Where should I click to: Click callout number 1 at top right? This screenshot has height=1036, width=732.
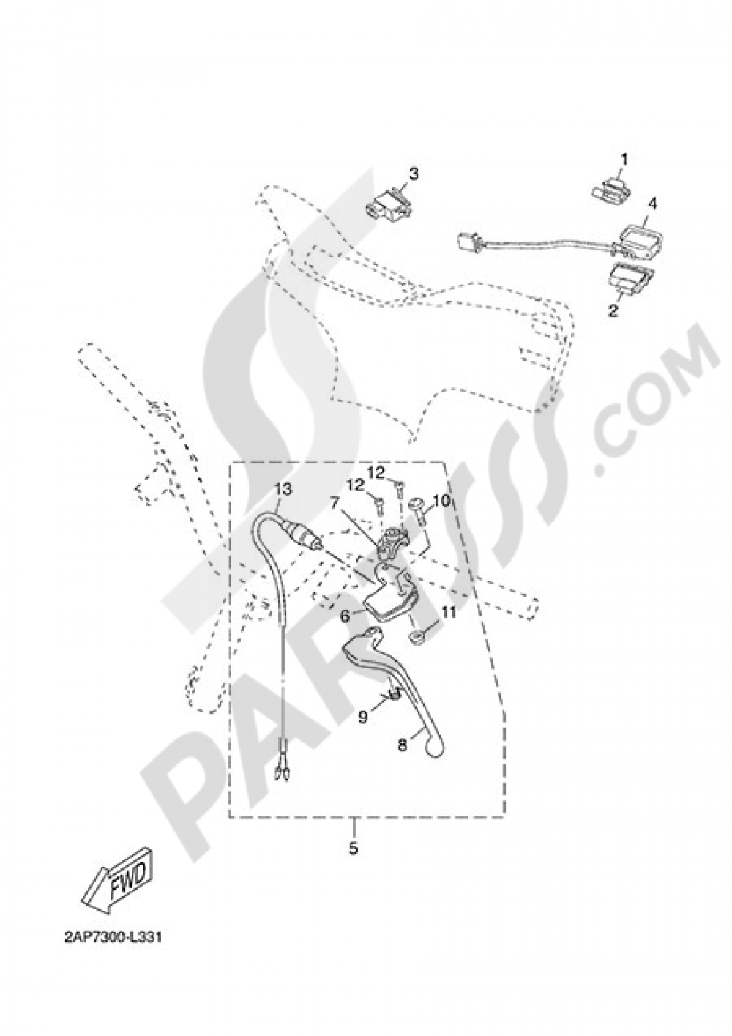coord(624,159)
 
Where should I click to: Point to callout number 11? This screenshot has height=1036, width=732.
coord(447,613)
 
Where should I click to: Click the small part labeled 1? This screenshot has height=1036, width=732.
coord(611,191)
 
